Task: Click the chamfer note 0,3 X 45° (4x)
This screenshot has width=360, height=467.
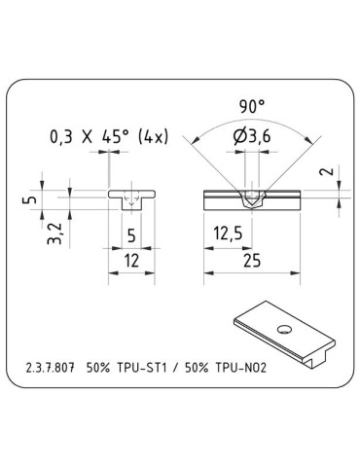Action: tap(108, 137)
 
